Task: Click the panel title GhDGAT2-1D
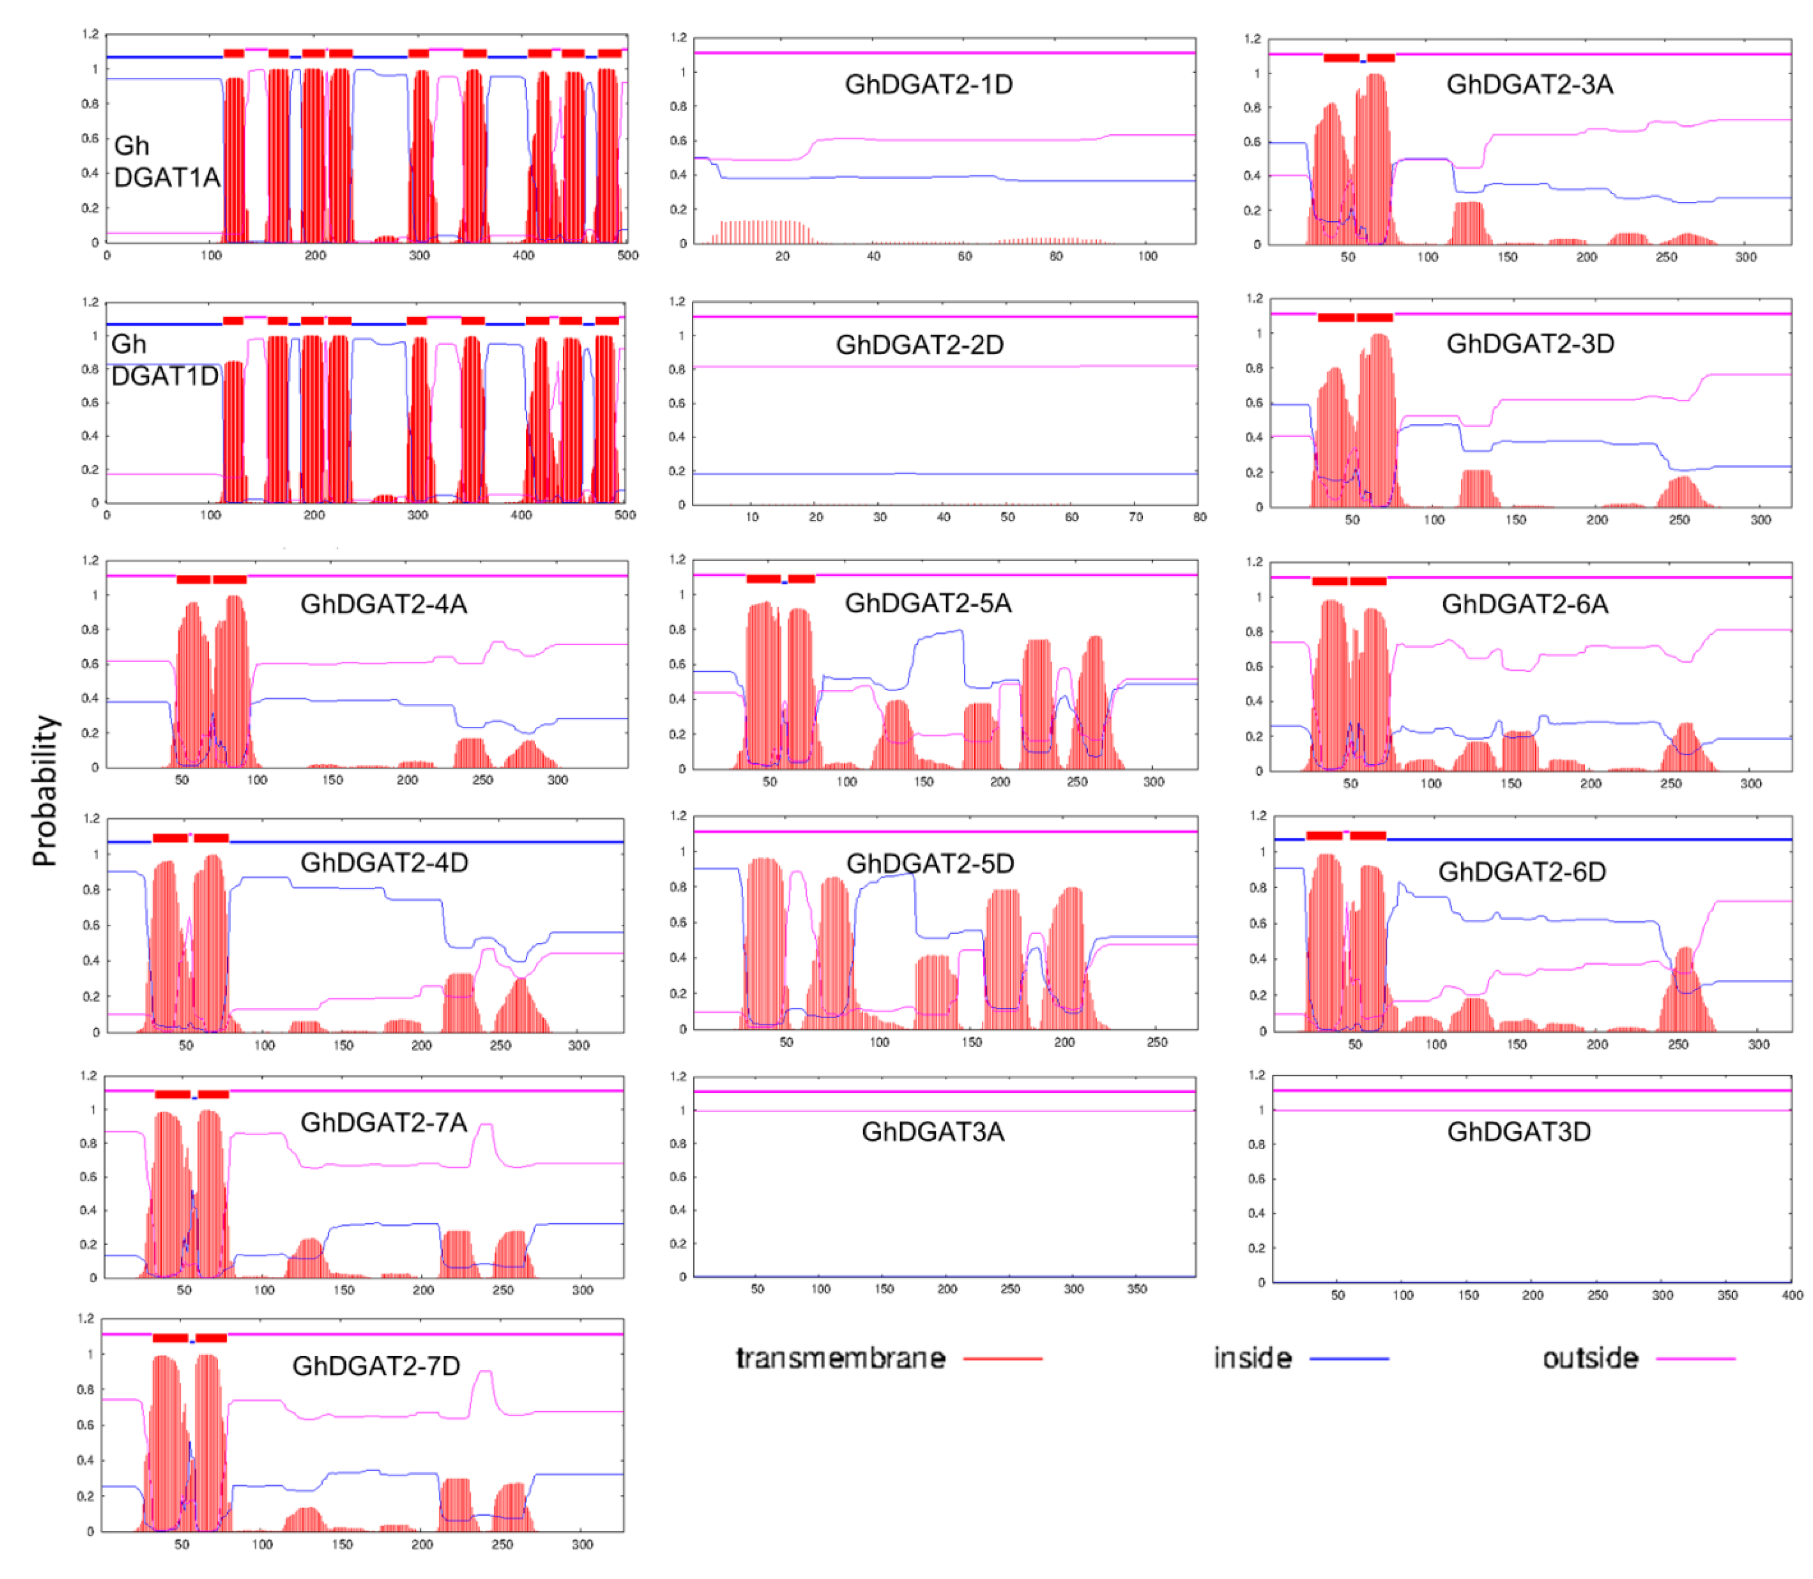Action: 928,84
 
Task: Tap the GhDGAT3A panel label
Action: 932,1131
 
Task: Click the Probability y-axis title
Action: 44,790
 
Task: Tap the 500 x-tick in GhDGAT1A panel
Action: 627,256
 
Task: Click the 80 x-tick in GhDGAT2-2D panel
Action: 1199,517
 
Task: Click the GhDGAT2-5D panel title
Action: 929,863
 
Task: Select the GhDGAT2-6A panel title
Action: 1524,604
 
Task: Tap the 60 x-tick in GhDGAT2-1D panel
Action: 964,256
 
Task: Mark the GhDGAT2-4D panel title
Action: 384,862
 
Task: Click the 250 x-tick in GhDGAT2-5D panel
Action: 1157,1042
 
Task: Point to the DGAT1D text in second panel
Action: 165,376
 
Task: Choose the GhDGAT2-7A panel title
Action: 383,1122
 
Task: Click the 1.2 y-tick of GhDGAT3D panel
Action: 1256,1075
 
